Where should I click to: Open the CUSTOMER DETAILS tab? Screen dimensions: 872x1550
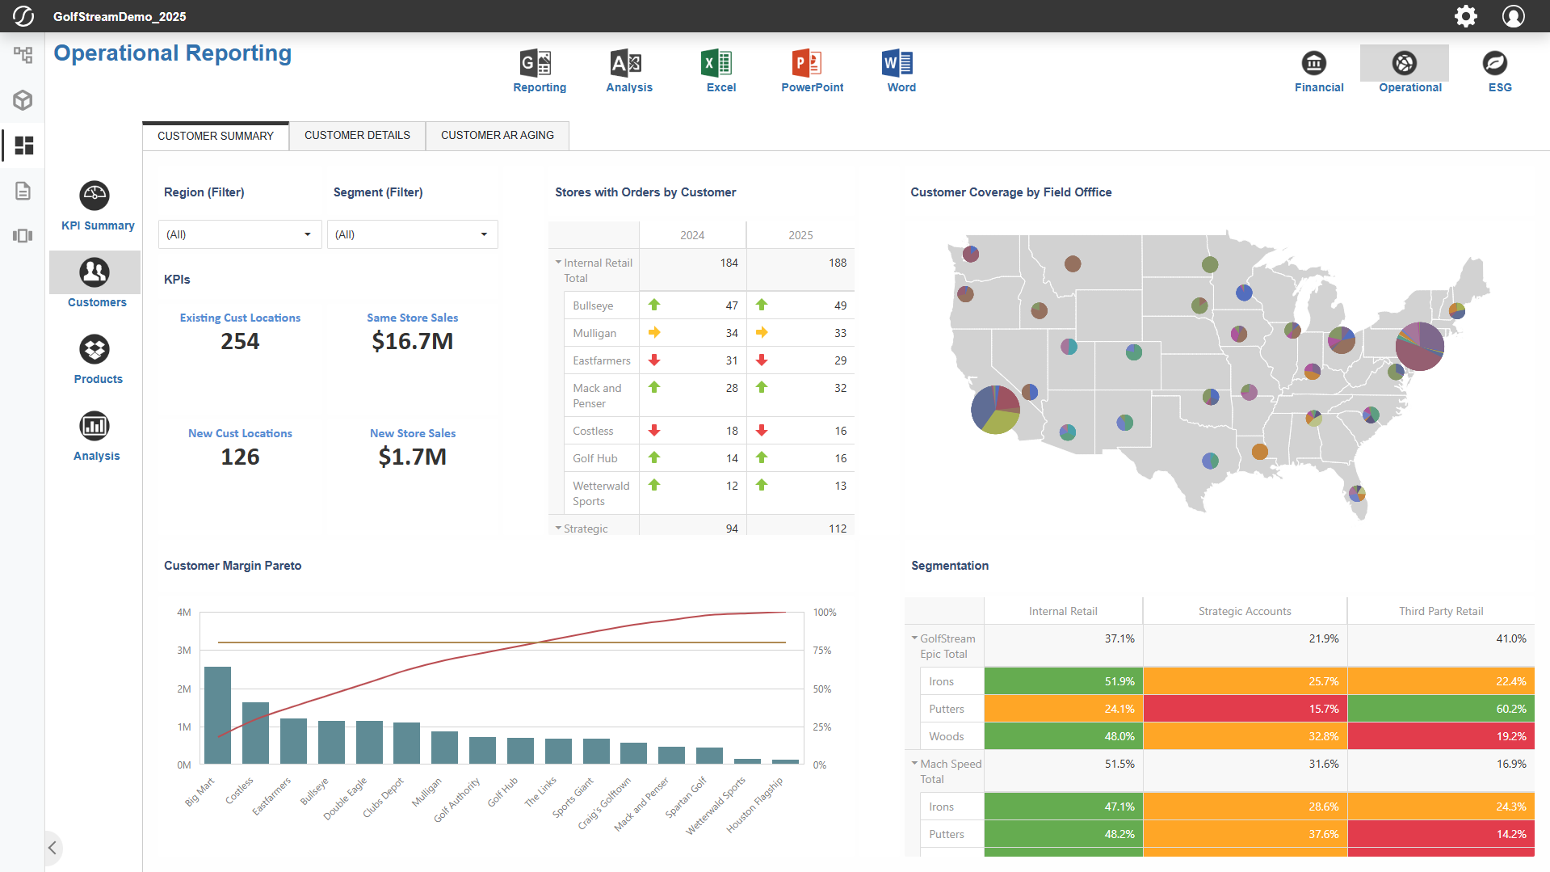pos(357,136)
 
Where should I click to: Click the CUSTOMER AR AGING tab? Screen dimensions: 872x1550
pos(497,136)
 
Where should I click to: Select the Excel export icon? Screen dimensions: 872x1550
pos(719,64)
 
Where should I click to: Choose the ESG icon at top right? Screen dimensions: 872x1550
pos(1494,64)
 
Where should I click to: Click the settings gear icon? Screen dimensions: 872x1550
pos(1465,16)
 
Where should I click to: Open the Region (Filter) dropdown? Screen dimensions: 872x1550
pos(239,234)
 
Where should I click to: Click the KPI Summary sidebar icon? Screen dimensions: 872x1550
pos(95,196)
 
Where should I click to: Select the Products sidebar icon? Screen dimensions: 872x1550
pos(95,350)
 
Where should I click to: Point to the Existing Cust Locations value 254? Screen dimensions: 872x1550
pos(240,341)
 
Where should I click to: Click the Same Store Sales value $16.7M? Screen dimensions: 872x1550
pos(412,341)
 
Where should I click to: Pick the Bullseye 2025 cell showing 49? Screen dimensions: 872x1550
pos(840,305)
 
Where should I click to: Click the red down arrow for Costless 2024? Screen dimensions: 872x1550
pos(654,431)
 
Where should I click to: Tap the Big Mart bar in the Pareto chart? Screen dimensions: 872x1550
pos(217,714)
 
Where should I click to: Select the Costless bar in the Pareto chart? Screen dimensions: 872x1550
pos(255,732)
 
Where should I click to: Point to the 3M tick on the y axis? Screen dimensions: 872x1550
pos(184,651)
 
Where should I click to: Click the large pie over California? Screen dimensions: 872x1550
pos(995,410)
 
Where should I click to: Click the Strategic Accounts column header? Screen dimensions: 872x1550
pos(1244,611)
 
